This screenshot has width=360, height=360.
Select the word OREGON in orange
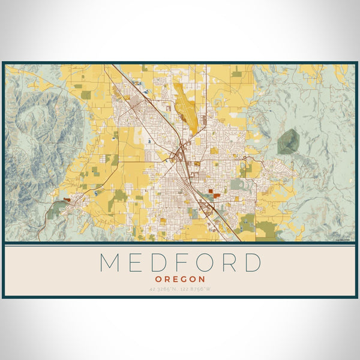[180, 279]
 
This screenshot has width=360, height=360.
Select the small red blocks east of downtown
[212, 193]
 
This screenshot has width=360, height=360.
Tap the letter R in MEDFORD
[228, 263]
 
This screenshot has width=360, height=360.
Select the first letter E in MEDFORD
[135, 263]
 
